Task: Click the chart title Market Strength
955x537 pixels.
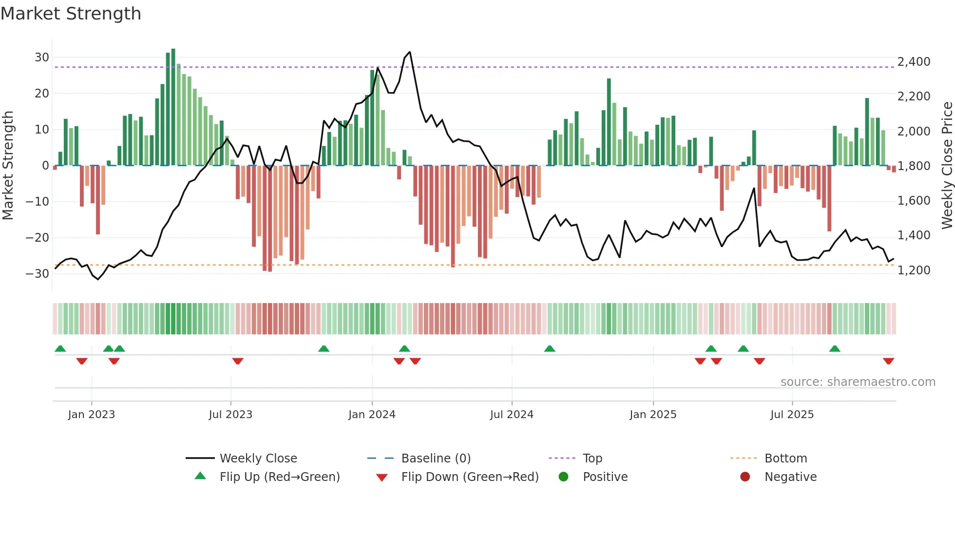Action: tap(71, 14)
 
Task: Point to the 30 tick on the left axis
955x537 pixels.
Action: tap(42, 58)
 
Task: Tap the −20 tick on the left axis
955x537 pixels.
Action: tap(38, 238)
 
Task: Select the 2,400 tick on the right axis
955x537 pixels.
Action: tap(914, 62)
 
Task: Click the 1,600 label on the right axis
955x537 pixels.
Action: tap(914, 201)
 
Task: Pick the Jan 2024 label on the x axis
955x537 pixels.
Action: tap(372, 415)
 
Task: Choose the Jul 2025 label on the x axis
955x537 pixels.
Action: tap(792, 415)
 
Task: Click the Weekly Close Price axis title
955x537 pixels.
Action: tap(947, 166)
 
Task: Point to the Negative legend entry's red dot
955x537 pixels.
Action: tap(745, 477)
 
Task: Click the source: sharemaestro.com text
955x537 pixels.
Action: tap(858, 382)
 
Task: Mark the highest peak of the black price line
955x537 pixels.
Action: tap(410, 52)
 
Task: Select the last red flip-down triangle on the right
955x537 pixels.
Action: tap(888, 361)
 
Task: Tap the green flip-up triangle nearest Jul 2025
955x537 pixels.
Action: tap(835, 348)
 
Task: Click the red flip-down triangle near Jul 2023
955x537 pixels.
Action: tap(238, 361)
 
